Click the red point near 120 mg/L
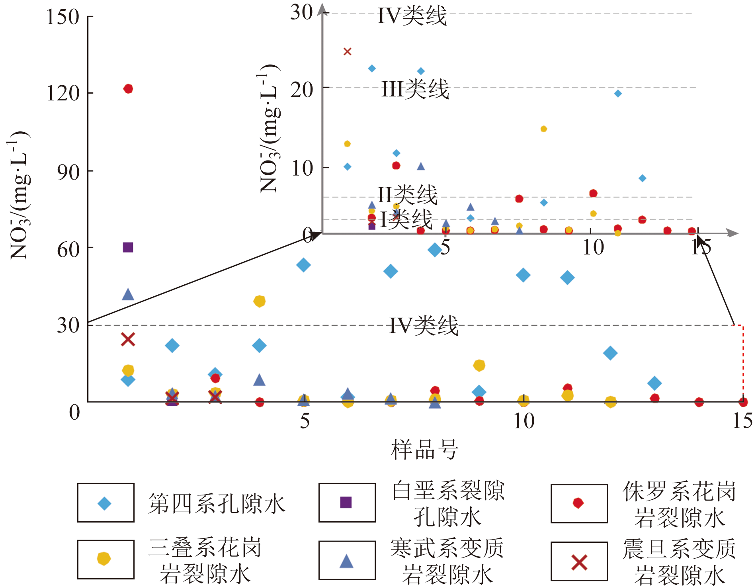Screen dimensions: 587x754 128,89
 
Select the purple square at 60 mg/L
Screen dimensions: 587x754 128,247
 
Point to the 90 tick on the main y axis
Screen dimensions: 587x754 68,172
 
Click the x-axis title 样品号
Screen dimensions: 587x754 424,450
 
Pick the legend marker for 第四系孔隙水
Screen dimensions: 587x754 104,503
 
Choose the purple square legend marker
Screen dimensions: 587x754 346,503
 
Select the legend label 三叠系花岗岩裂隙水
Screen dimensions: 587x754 205,560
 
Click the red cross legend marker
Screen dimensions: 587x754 579,562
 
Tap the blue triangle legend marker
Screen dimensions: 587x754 346,561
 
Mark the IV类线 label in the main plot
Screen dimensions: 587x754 424,325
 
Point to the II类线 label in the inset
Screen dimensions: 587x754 407,195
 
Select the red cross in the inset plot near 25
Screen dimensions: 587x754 348,51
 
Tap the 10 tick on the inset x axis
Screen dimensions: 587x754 593,247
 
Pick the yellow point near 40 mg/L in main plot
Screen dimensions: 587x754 260,301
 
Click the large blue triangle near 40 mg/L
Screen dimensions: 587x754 128,294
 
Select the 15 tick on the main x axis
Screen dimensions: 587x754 742,421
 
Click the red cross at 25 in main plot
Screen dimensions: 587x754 128,339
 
